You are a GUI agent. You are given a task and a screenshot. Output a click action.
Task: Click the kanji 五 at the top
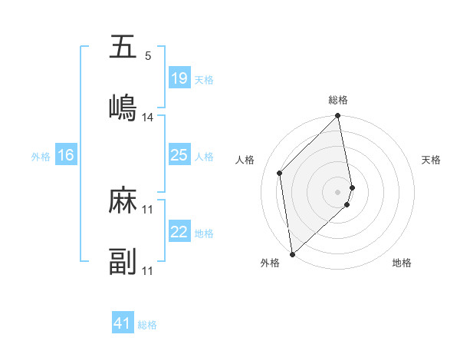tap(123, 48)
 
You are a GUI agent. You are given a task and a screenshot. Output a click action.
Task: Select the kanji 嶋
tap(123, 107)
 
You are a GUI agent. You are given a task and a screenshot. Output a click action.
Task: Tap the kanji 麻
tap(123, 200)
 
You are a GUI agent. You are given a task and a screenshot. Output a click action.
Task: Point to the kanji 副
tap(123, 261)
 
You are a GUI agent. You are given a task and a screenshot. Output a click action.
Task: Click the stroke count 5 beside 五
tap(148, 56)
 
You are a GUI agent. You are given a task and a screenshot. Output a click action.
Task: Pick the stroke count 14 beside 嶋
tap(148, 118)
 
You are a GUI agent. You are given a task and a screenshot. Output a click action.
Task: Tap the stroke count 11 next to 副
tap(148, 271)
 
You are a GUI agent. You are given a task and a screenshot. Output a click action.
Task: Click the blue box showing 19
tap(179, 78)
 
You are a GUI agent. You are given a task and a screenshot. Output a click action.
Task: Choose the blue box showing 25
tap(179, 155)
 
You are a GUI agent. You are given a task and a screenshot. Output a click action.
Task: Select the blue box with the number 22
tap(179, 232)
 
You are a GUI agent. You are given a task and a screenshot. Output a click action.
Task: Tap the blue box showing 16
tap(66, 155)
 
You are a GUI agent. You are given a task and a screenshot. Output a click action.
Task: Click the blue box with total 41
tap(123, 323)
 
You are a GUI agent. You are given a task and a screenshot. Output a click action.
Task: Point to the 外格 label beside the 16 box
tap(41, 157)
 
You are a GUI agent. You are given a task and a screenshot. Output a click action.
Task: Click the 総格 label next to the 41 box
tap(147, 325)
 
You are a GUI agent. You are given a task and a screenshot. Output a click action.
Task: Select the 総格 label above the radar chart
tap(338, 100)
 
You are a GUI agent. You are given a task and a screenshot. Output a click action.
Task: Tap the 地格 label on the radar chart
tap(402, 263)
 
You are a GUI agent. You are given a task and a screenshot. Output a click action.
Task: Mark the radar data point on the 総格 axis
tap(338, 117)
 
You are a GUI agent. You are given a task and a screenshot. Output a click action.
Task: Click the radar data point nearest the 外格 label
tap(292, 253)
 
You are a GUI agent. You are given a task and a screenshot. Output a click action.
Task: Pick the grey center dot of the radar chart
tap(338, 190)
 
